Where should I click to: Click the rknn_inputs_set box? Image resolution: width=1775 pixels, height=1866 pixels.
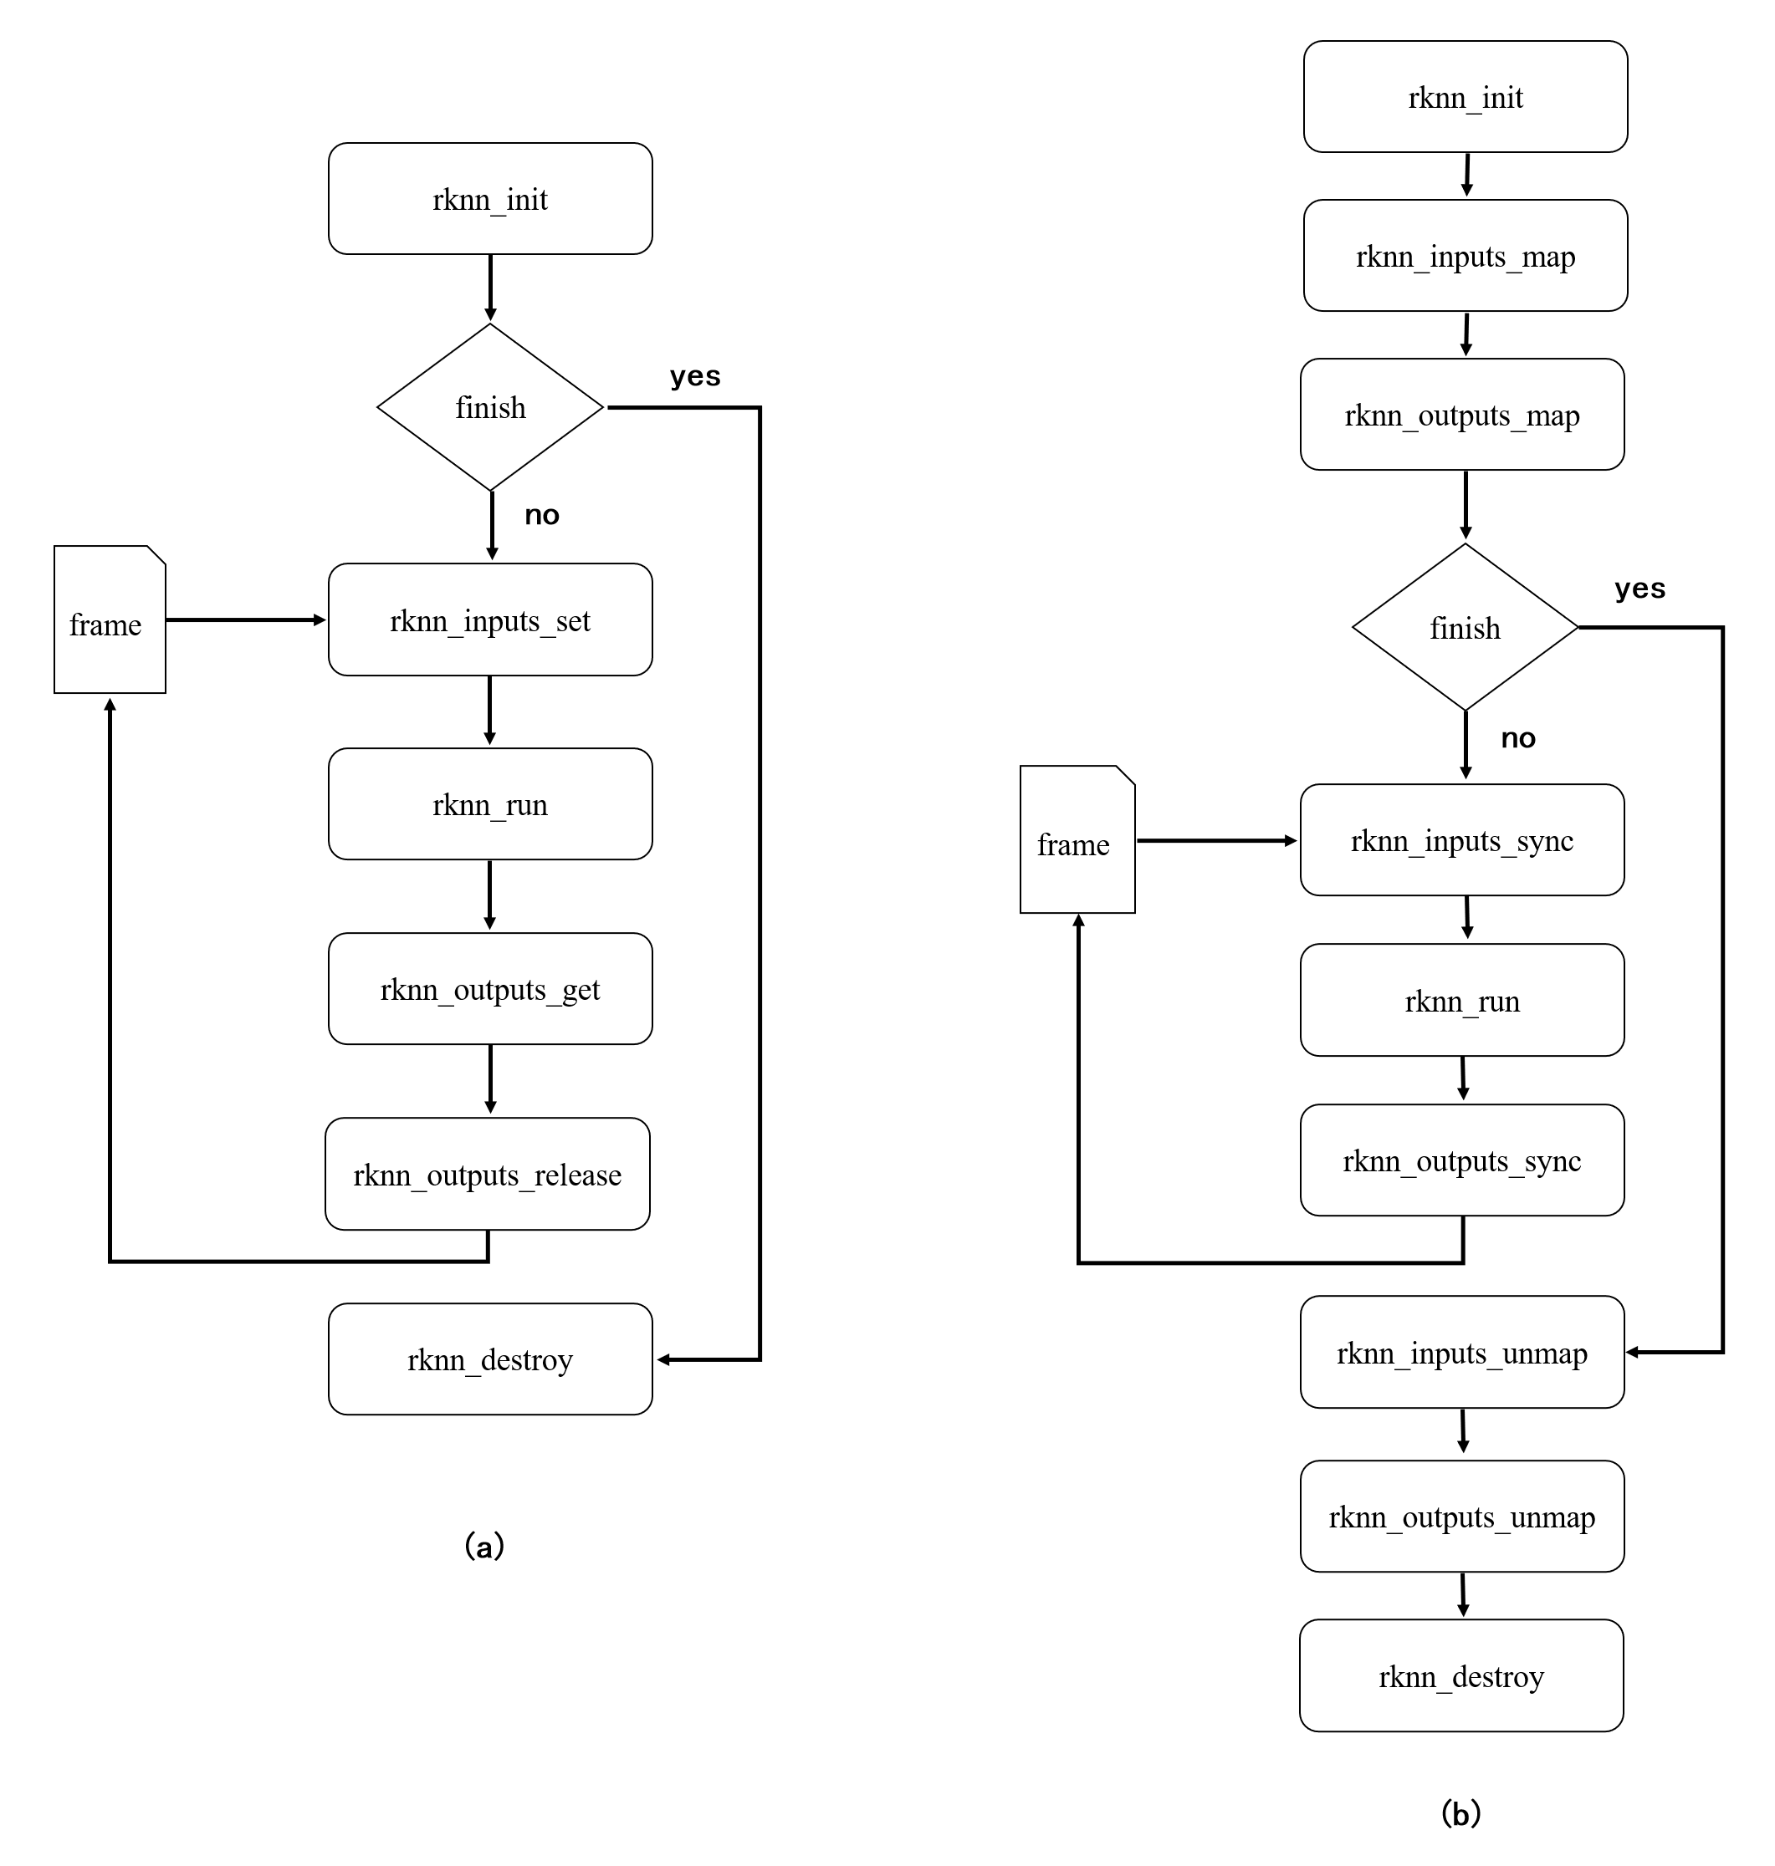(490, 619)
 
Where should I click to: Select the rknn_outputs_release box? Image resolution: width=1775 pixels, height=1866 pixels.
(488, 1174)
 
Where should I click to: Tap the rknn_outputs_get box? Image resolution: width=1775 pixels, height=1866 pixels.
(490, 988)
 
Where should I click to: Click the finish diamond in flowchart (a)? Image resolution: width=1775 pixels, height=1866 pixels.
(490, 408)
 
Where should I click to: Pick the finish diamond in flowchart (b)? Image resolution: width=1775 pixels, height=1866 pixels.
(1465, 627)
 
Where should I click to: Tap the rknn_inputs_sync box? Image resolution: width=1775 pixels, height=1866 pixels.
(1462, 840)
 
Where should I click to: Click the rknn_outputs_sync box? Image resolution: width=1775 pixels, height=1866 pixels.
(1462, 1160)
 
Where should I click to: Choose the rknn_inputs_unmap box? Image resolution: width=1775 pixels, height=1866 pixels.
(1462, 1353)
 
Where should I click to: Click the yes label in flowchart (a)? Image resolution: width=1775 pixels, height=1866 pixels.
(694, 376)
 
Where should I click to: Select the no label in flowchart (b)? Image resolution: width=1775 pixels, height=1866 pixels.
(1517, 737)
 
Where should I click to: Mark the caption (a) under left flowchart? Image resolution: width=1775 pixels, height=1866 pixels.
(484, 1547)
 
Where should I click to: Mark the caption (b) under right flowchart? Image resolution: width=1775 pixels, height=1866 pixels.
(1460, 1813)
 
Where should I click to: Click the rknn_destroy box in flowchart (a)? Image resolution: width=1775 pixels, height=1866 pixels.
(490, 1359)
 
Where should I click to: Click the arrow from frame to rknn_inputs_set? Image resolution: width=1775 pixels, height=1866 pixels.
(246, 619)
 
